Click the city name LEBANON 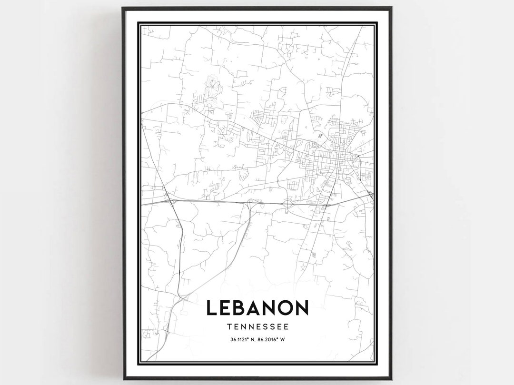257,308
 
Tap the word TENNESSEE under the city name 257,327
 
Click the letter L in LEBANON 212,308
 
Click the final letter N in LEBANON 301,308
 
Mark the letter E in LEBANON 227,308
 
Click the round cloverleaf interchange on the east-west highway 287,204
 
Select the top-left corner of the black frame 123,8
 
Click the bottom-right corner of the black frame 391,379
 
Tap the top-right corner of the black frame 391,8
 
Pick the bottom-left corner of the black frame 123,379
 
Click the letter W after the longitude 283,339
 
